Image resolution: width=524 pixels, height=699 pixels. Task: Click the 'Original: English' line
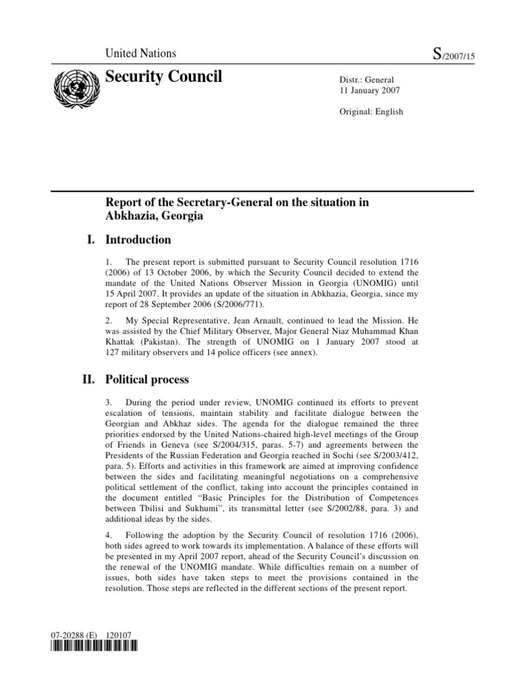tap(372, 111)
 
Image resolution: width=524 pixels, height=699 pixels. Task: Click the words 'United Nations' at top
tap(140, 53)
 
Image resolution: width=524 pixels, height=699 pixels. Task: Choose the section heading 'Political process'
tap(147, 379)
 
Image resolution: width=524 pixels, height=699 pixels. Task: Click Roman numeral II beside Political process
tap(88, 379)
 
